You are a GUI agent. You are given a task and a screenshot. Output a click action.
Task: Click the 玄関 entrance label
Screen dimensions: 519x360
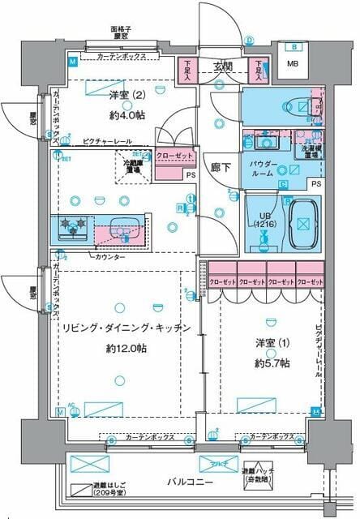click(223, 66)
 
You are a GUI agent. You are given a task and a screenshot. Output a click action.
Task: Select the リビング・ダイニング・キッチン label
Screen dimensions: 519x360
click(125, 328)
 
